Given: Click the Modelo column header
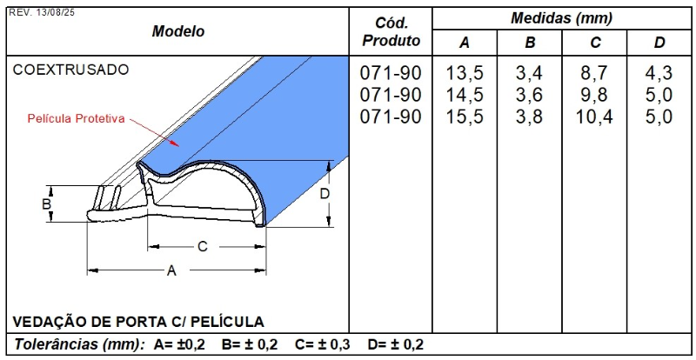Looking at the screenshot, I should [x=178, y=31].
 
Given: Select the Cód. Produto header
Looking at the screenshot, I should [x=391, y=31].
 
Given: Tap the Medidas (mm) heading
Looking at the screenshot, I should [x=561, y=17].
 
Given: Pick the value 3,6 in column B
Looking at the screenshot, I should [x=529, y=95].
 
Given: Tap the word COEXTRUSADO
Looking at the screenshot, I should [x=70, y=70].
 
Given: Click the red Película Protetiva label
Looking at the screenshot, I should [x=77, y=117].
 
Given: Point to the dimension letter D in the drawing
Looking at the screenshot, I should [x=325, y=194].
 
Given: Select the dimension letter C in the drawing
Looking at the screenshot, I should [x=202, y=247].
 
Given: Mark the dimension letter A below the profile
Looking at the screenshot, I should [x=171, y=271].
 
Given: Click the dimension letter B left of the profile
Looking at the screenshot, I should [x=48, y=204].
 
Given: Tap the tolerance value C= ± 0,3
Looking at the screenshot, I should [x=322, y=344].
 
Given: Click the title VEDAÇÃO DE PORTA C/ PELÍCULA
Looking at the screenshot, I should [x=138, y=321].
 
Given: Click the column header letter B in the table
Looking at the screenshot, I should [x=529, y=43].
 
